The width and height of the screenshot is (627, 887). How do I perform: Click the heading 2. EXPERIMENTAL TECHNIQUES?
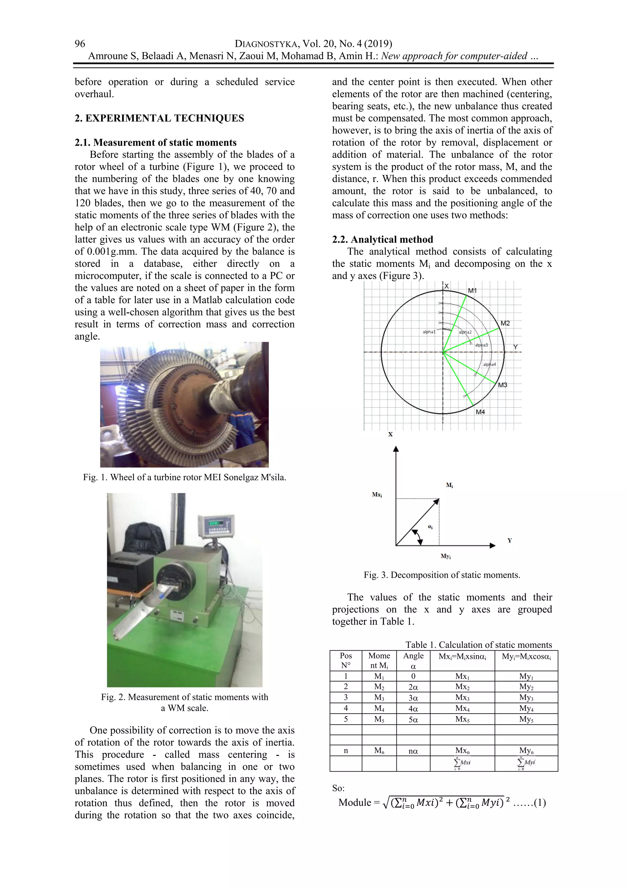point(159,118)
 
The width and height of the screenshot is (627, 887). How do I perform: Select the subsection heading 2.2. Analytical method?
point(382,240)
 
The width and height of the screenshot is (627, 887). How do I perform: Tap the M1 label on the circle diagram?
point(472,291)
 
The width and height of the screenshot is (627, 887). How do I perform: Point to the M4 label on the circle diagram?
point(480,412)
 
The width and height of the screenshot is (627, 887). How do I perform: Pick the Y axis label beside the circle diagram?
point(516,347)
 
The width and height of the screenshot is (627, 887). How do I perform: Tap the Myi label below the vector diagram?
point(445,556)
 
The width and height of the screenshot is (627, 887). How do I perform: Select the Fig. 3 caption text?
point(442,575)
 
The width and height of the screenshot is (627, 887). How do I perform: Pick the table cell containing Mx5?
point(462,719)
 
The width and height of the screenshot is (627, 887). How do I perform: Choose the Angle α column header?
point(413,661)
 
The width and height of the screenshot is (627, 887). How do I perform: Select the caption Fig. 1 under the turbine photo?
point(185,477)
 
